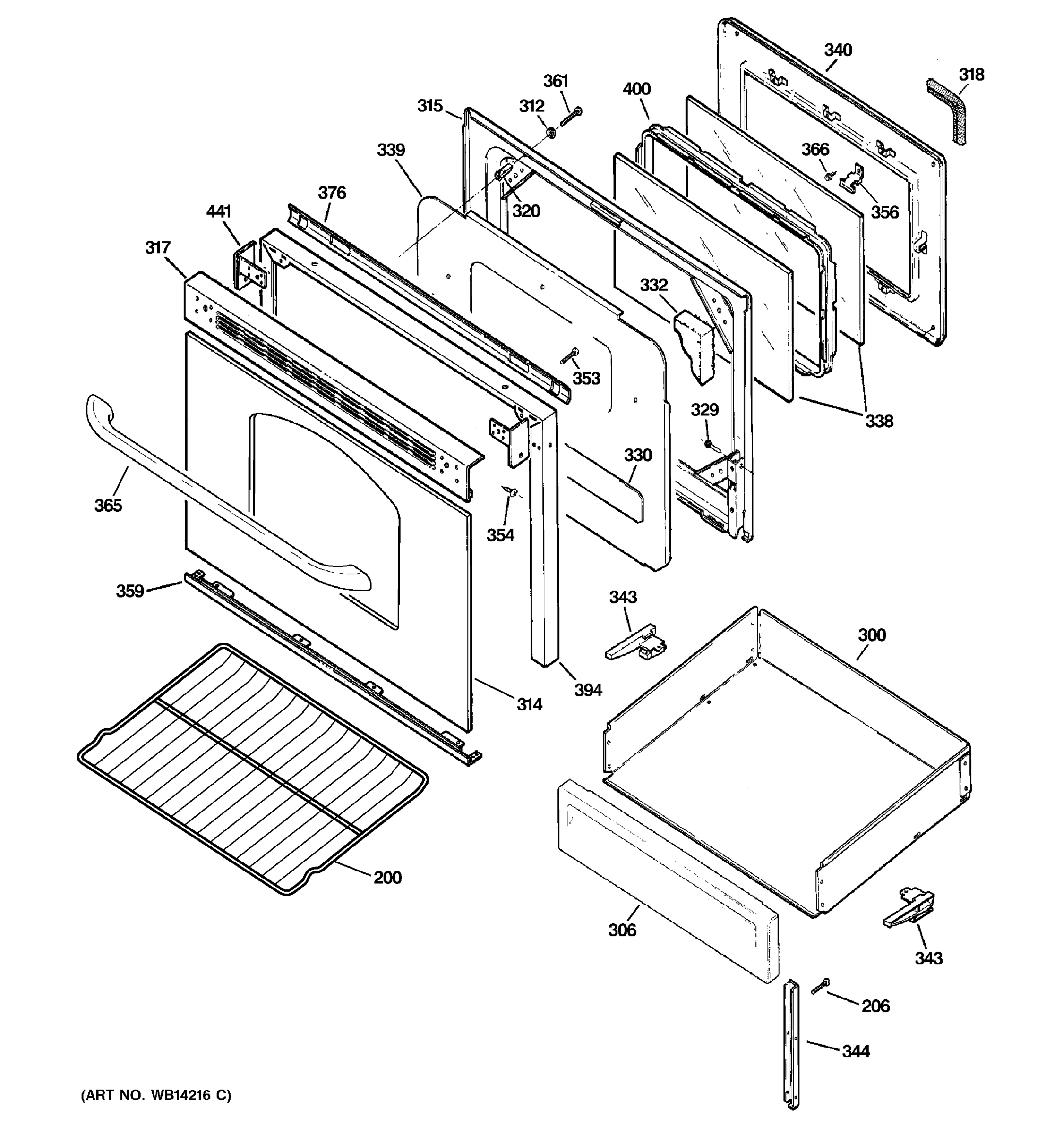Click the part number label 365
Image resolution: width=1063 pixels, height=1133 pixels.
[x=108, y=505]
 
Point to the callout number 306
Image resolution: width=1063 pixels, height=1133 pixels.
[x=622, y=930]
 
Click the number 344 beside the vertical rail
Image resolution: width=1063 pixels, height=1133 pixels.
[x=856, y=1051]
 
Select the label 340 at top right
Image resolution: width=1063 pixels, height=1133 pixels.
[x=838, y=50]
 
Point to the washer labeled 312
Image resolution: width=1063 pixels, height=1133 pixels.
[x=551, y=133]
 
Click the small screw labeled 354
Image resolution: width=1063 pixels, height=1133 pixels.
[x=510, y=490]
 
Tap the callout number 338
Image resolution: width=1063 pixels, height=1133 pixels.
[x=879, y=421]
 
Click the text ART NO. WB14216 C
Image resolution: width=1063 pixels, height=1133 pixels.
[x=156, y=1095]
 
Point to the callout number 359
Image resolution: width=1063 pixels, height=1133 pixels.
[x=129, y=591]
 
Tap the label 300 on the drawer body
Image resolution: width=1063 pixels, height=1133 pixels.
[x=871, y=635]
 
